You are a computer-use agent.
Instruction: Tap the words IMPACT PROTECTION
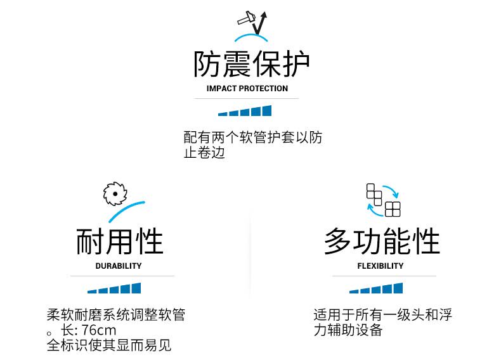[x=247, y=89]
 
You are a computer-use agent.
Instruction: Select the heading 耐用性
[x=119, y=242]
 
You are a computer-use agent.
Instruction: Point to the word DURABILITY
[x=119, y=266]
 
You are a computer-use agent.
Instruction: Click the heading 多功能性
[x=382, y=242]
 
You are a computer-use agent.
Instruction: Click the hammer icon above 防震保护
[x=246, y=20]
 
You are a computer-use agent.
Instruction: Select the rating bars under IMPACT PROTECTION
[x=245, y=112]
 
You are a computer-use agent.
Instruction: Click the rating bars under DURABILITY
[x=114, y=289]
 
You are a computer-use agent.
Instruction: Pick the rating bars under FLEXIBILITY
[x=376, y=289]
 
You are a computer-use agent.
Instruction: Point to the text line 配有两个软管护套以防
[x=252, y=138]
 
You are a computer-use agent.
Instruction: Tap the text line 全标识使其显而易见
[x=109, y=345]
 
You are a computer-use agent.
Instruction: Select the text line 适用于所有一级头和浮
[x=382, y=315]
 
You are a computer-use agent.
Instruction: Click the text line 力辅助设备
[x=348, y=330]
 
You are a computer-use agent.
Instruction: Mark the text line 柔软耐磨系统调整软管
[x=116, y=315]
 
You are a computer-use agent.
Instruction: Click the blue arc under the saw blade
[x=131, y=209]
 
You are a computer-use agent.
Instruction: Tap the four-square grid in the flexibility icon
[x=393, y=209]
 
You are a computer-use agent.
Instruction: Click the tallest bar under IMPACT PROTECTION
[x=266, y=110]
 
